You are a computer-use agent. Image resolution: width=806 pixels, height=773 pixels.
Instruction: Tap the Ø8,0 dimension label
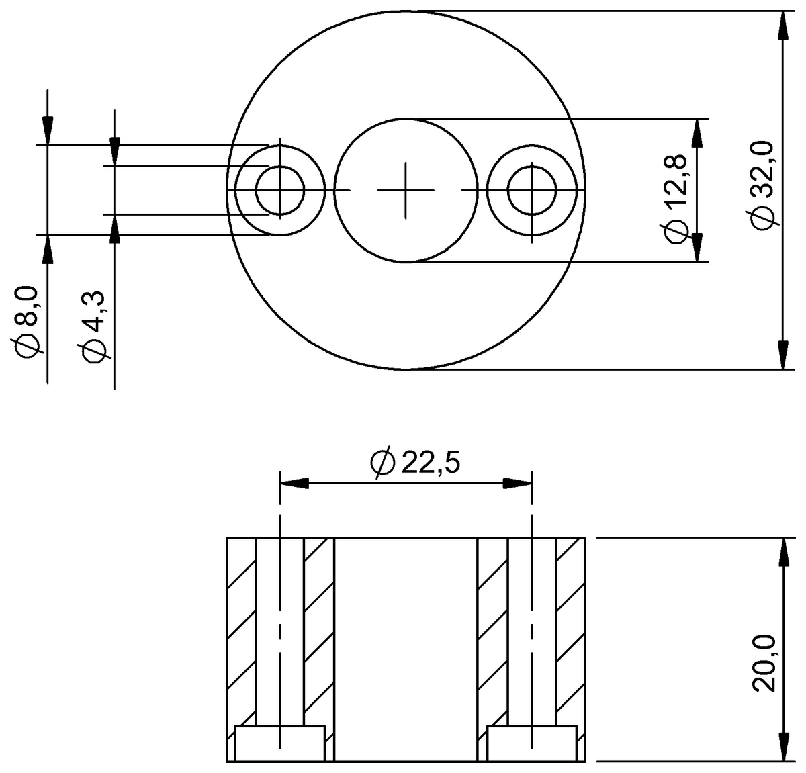(29, 321)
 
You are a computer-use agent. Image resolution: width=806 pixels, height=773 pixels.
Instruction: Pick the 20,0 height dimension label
(764, 663)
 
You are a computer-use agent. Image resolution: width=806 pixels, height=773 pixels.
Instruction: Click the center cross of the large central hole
(406, 190)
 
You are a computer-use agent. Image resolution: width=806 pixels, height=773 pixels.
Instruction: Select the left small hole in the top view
(280, 190)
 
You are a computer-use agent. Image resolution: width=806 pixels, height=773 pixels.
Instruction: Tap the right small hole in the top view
(531, 190)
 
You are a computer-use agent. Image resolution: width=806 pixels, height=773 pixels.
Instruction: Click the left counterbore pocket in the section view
(280, 743)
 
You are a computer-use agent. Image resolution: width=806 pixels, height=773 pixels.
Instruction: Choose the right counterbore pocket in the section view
(531, 743)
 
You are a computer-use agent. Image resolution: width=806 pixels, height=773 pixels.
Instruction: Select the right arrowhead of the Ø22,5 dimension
(518, 484)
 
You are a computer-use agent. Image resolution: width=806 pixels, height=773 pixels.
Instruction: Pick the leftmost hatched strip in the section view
(242, 631)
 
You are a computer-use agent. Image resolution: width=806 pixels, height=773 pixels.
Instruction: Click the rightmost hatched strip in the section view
(570, 631)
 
